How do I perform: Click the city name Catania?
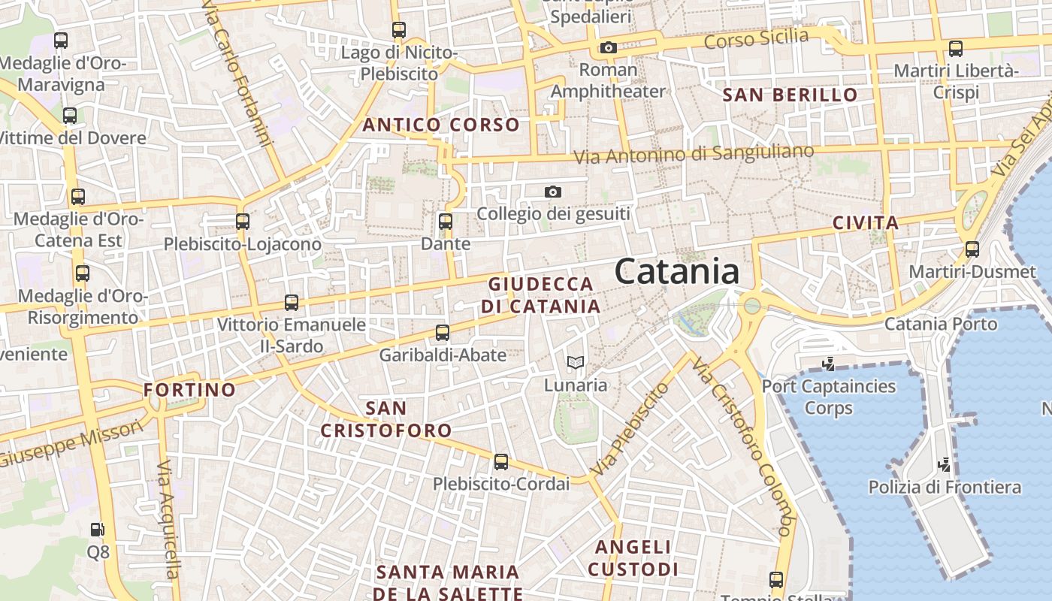677,271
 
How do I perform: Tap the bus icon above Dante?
446,222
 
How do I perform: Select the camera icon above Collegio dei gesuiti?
553,192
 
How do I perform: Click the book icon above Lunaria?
576,363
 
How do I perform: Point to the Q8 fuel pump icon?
98,530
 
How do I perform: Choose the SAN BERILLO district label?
790,95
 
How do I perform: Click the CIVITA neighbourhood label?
866,222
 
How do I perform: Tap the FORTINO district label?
189,390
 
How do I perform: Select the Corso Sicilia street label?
756,38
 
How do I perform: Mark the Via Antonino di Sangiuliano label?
694,154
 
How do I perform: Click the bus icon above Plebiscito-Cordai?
501,461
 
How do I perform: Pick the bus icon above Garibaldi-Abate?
443,332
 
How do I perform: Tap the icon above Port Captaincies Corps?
829,364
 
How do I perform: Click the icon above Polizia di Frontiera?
945,464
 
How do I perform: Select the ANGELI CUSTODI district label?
633,557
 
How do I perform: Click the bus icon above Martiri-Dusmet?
972,249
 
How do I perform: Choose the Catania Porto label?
941,324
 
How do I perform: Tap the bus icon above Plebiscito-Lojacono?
242,222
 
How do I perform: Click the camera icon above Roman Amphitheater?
609,48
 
